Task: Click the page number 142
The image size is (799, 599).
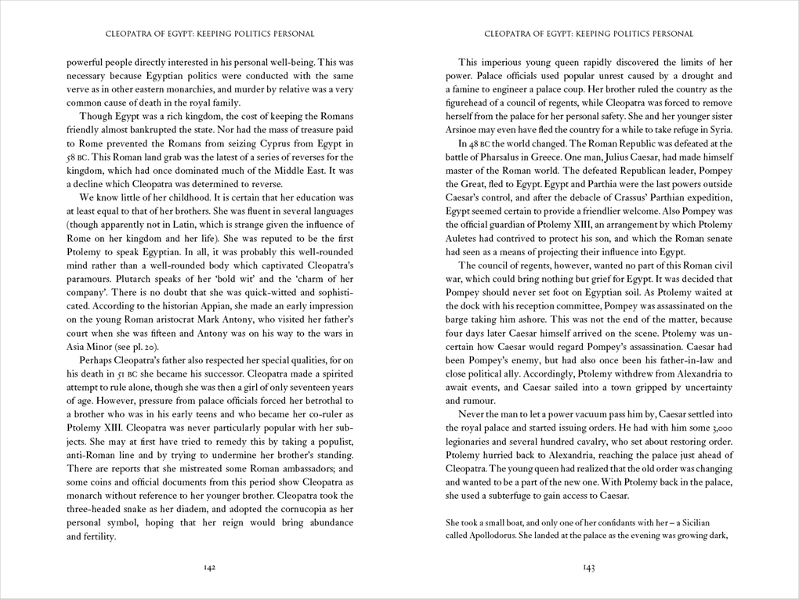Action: coord(209,568)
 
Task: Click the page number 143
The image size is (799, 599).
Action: coord(589,568)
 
